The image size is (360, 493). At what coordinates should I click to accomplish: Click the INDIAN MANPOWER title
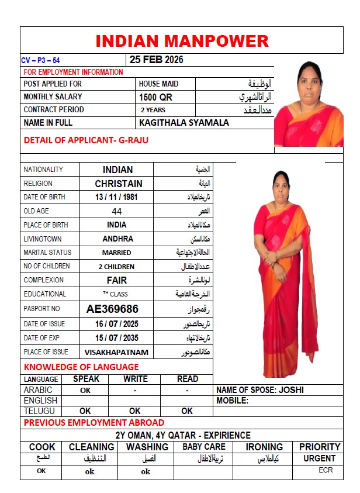coord(182,41)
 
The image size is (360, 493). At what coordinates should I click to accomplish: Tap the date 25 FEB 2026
coord(156,60)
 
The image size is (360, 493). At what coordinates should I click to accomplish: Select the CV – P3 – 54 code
coord(40,60)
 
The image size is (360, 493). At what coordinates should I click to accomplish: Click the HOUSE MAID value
coord(158,84)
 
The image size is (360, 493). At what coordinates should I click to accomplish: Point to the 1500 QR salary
coord(155,97)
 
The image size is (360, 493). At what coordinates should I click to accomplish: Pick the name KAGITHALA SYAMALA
coord(184,123)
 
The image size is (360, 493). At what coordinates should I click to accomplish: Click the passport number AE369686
coord(112,309)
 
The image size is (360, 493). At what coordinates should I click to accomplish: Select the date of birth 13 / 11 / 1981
coord(117,197)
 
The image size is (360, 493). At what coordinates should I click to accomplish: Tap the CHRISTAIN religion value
coord(119,184)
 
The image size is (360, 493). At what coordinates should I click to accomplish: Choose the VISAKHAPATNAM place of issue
coord(116,352)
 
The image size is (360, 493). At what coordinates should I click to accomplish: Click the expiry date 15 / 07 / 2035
coord(117,338)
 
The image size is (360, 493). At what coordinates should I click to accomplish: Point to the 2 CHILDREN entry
coord(117,267)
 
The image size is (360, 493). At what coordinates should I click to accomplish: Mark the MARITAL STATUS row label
coord(47,253)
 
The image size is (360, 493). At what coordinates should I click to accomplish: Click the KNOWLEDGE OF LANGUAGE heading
coord(81,367)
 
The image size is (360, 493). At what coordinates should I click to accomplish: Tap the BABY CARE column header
coord(203,447)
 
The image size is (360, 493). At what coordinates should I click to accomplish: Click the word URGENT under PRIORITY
coord(320,458)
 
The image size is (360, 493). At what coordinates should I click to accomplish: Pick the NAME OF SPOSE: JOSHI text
coord(259,390)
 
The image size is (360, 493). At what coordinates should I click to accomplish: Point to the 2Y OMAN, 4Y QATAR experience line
coord(182,435)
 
